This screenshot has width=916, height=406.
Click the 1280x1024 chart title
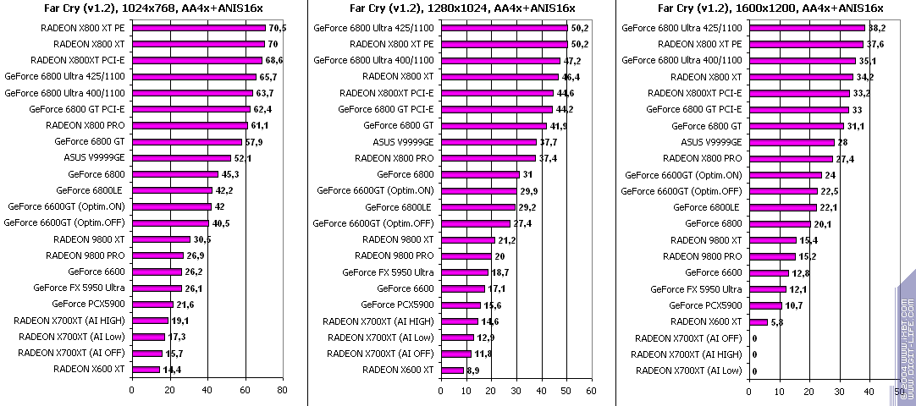(450, 9)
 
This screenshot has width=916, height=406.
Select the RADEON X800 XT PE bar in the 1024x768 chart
(198, 27)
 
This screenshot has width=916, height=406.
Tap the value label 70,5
(277, 27)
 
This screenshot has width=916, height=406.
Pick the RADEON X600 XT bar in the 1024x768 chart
(145, 369)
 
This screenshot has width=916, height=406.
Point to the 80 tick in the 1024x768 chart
(282, 390)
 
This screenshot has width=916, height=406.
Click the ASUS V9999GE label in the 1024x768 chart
(94, 157)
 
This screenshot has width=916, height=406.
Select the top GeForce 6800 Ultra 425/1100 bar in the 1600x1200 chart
(807, 27)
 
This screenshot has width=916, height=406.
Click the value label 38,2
(876, 27)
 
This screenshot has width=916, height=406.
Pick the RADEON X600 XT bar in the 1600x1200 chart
(758, 321)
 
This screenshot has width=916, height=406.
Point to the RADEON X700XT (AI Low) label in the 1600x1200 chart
(688, 370)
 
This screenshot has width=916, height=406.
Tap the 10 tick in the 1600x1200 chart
(779, 392)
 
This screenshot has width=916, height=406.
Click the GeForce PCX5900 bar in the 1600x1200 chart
(765, 305)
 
